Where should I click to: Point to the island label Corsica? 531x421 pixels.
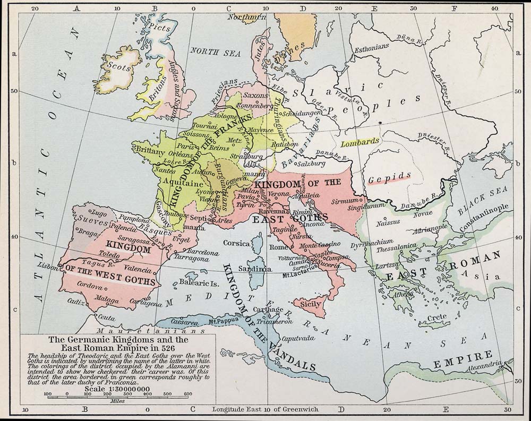point(236,243)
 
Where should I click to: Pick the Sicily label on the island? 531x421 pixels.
point(310,304)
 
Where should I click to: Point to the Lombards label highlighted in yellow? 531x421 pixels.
point(361,142)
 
